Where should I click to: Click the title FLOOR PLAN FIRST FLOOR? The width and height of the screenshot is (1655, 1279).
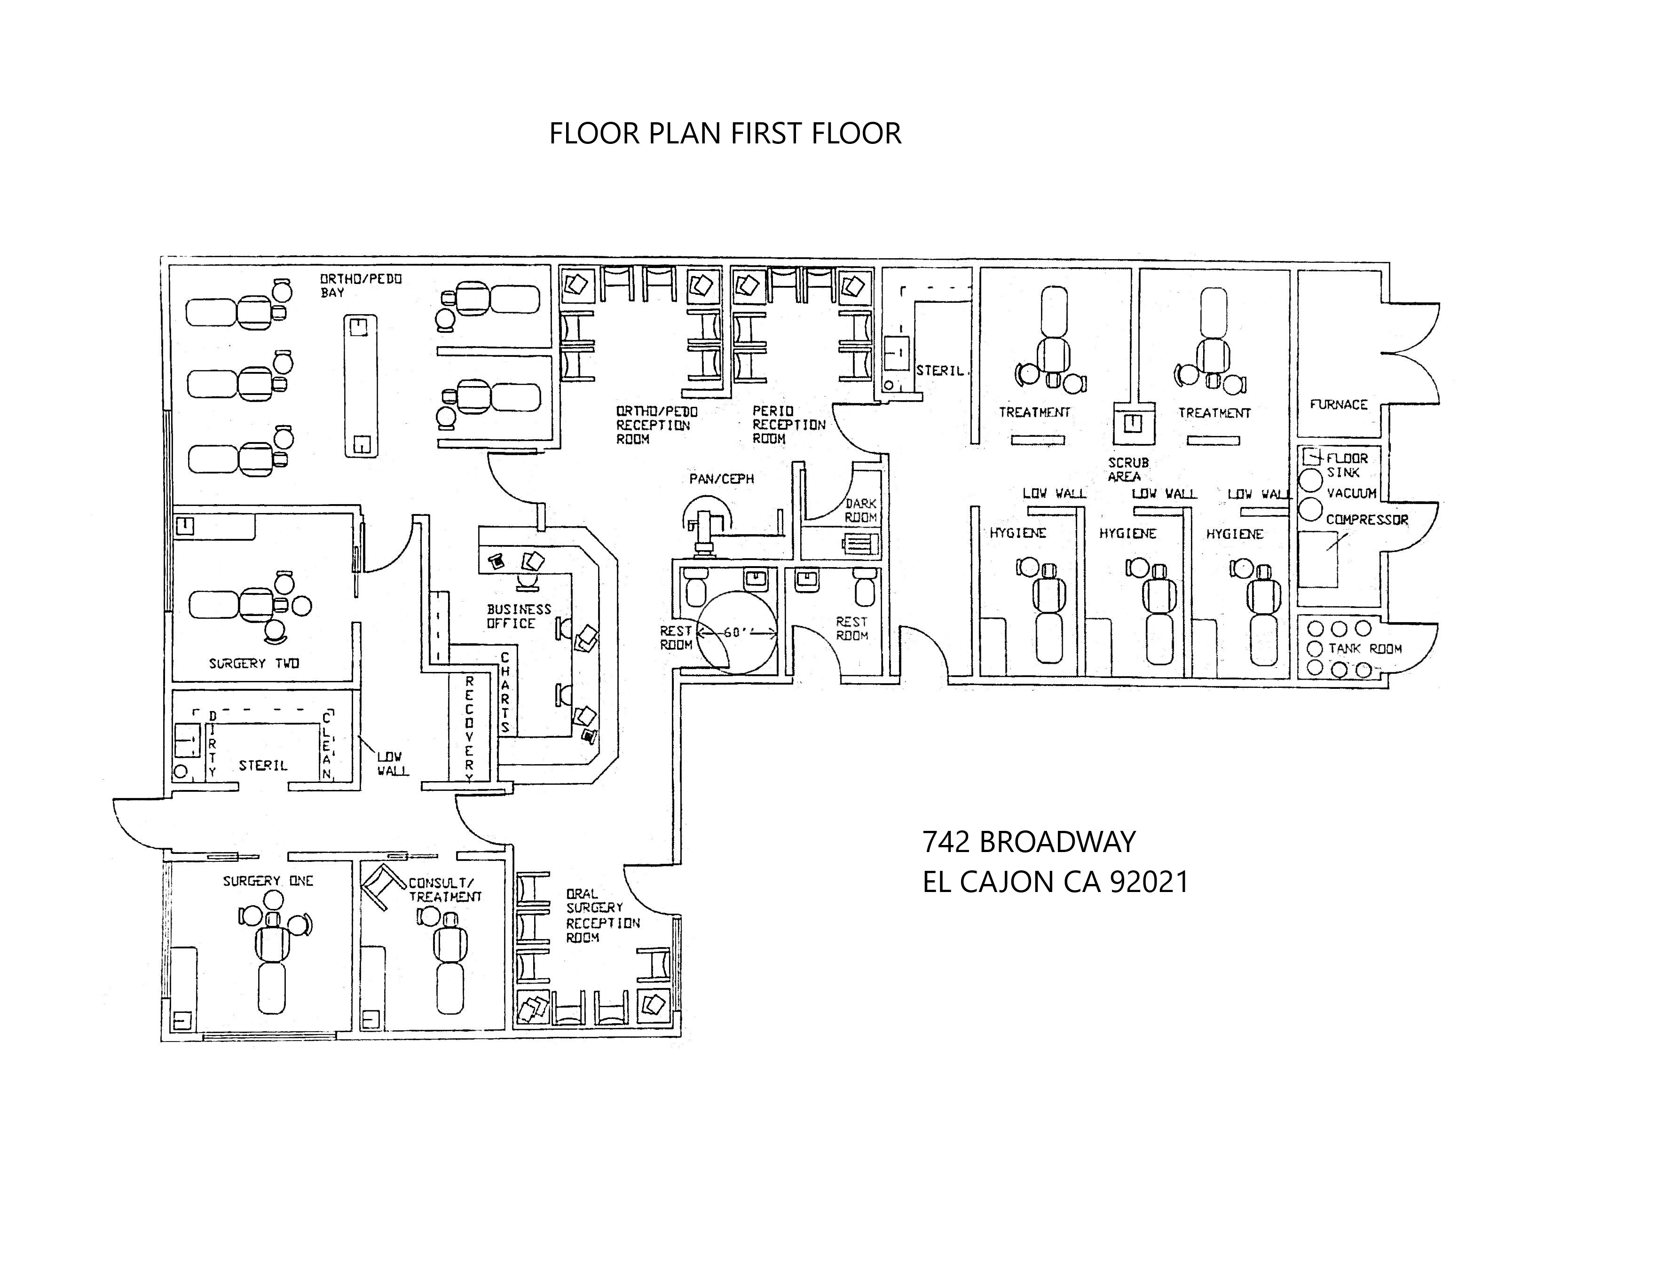[725, 134]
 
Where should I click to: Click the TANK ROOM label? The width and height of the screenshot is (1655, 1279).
[1365, 648]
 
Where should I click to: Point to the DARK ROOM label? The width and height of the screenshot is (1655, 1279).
[861, 510]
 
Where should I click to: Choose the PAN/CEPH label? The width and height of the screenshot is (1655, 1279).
[721, 479]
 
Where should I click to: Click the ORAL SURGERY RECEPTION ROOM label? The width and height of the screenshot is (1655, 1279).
[602, 916]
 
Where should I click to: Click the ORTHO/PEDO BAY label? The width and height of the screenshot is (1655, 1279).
[360, 285]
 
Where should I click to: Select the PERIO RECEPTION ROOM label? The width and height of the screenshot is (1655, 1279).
[788, 424]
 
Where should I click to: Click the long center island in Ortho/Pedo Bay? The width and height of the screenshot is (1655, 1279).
[361, 387]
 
